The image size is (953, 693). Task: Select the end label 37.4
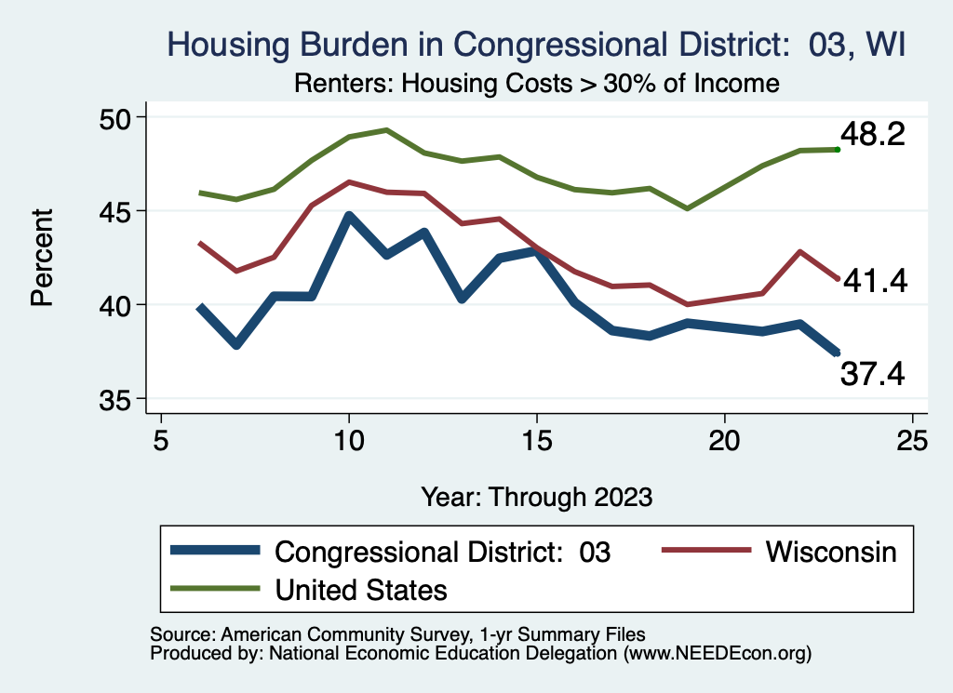872,373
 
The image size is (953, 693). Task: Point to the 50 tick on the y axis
118,117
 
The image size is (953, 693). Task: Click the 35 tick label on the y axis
118,399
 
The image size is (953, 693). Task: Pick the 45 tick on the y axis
118,211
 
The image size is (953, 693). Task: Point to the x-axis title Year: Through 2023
537,496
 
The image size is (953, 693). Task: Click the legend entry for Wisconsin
831,552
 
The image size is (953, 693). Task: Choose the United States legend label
361,589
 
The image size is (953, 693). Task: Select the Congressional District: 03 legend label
442,552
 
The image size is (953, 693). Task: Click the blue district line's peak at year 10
349,217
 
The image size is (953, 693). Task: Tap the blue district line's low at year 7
236,345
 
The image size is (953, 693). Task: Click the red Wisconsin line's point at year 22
800,251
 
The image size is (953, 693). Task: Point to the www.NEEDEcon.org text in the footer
716,654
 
